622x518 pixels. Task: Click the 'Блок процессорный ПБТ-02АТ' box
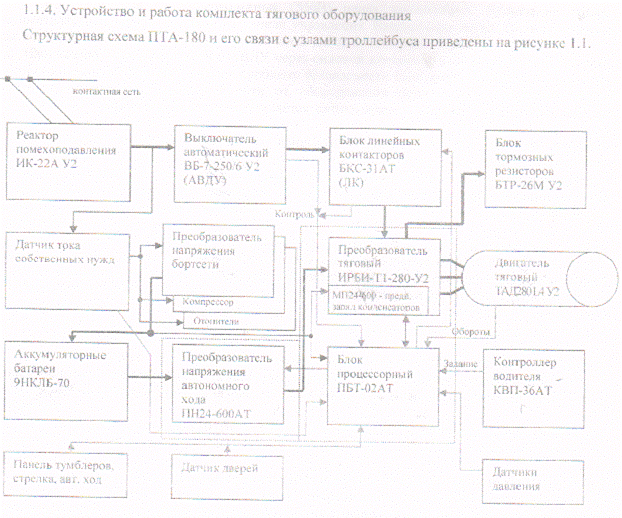[383, 369]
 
